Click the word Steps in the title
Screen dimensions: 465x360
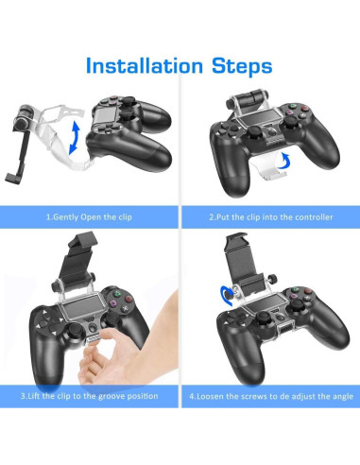point(240,66)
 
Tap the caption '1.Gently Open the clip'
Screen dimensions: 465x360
point(89,216)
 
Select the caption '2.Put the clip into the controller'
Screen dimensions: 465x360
point(270,216)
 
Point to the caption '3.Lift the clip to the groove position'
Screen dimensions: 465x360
point(89,395)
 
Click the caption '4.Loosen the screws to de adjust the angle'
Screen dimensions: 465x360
point(270,395)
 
